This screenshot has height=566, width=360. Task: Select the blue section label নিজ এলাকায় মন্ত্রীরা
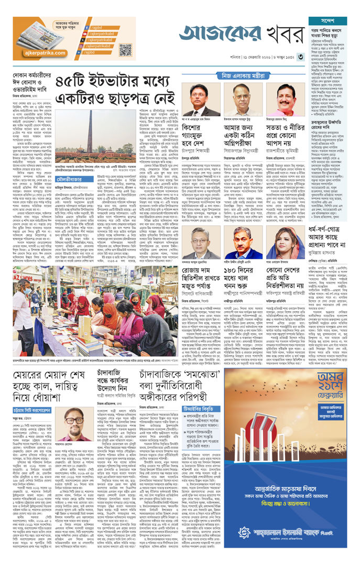click(247, 76)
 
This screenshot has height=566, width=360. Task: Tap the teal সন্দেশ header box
click(328, 21)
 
